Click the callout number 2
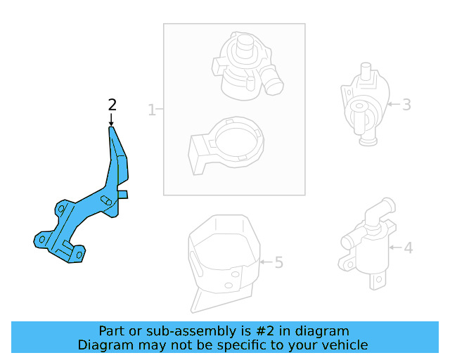tap(112, 105)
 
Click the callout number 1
tap(151, 110)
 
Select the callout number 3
tap(406, 105)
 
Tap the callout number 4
tap(408, 247)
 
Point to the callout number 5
tap(278, 262)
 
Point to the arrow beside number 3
tap(392, 105)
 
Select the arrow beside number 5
tap(264, 262)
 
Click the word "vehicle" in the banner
tap(345, 345)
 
